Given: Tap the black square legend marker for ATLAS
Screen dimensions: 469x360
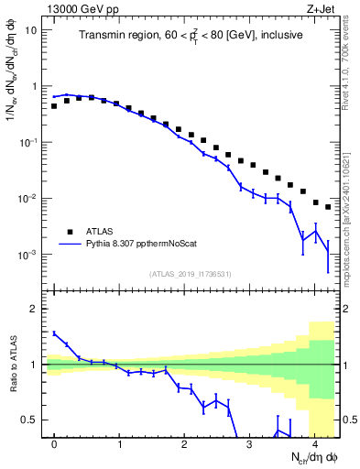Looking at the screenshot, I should click(68, 232).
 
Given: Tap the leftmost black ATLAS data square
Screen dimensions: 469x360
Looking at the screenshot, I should click(54, 106).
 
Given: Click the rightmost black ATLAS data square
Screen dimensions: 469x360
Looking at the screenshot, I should click(328, 207).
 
